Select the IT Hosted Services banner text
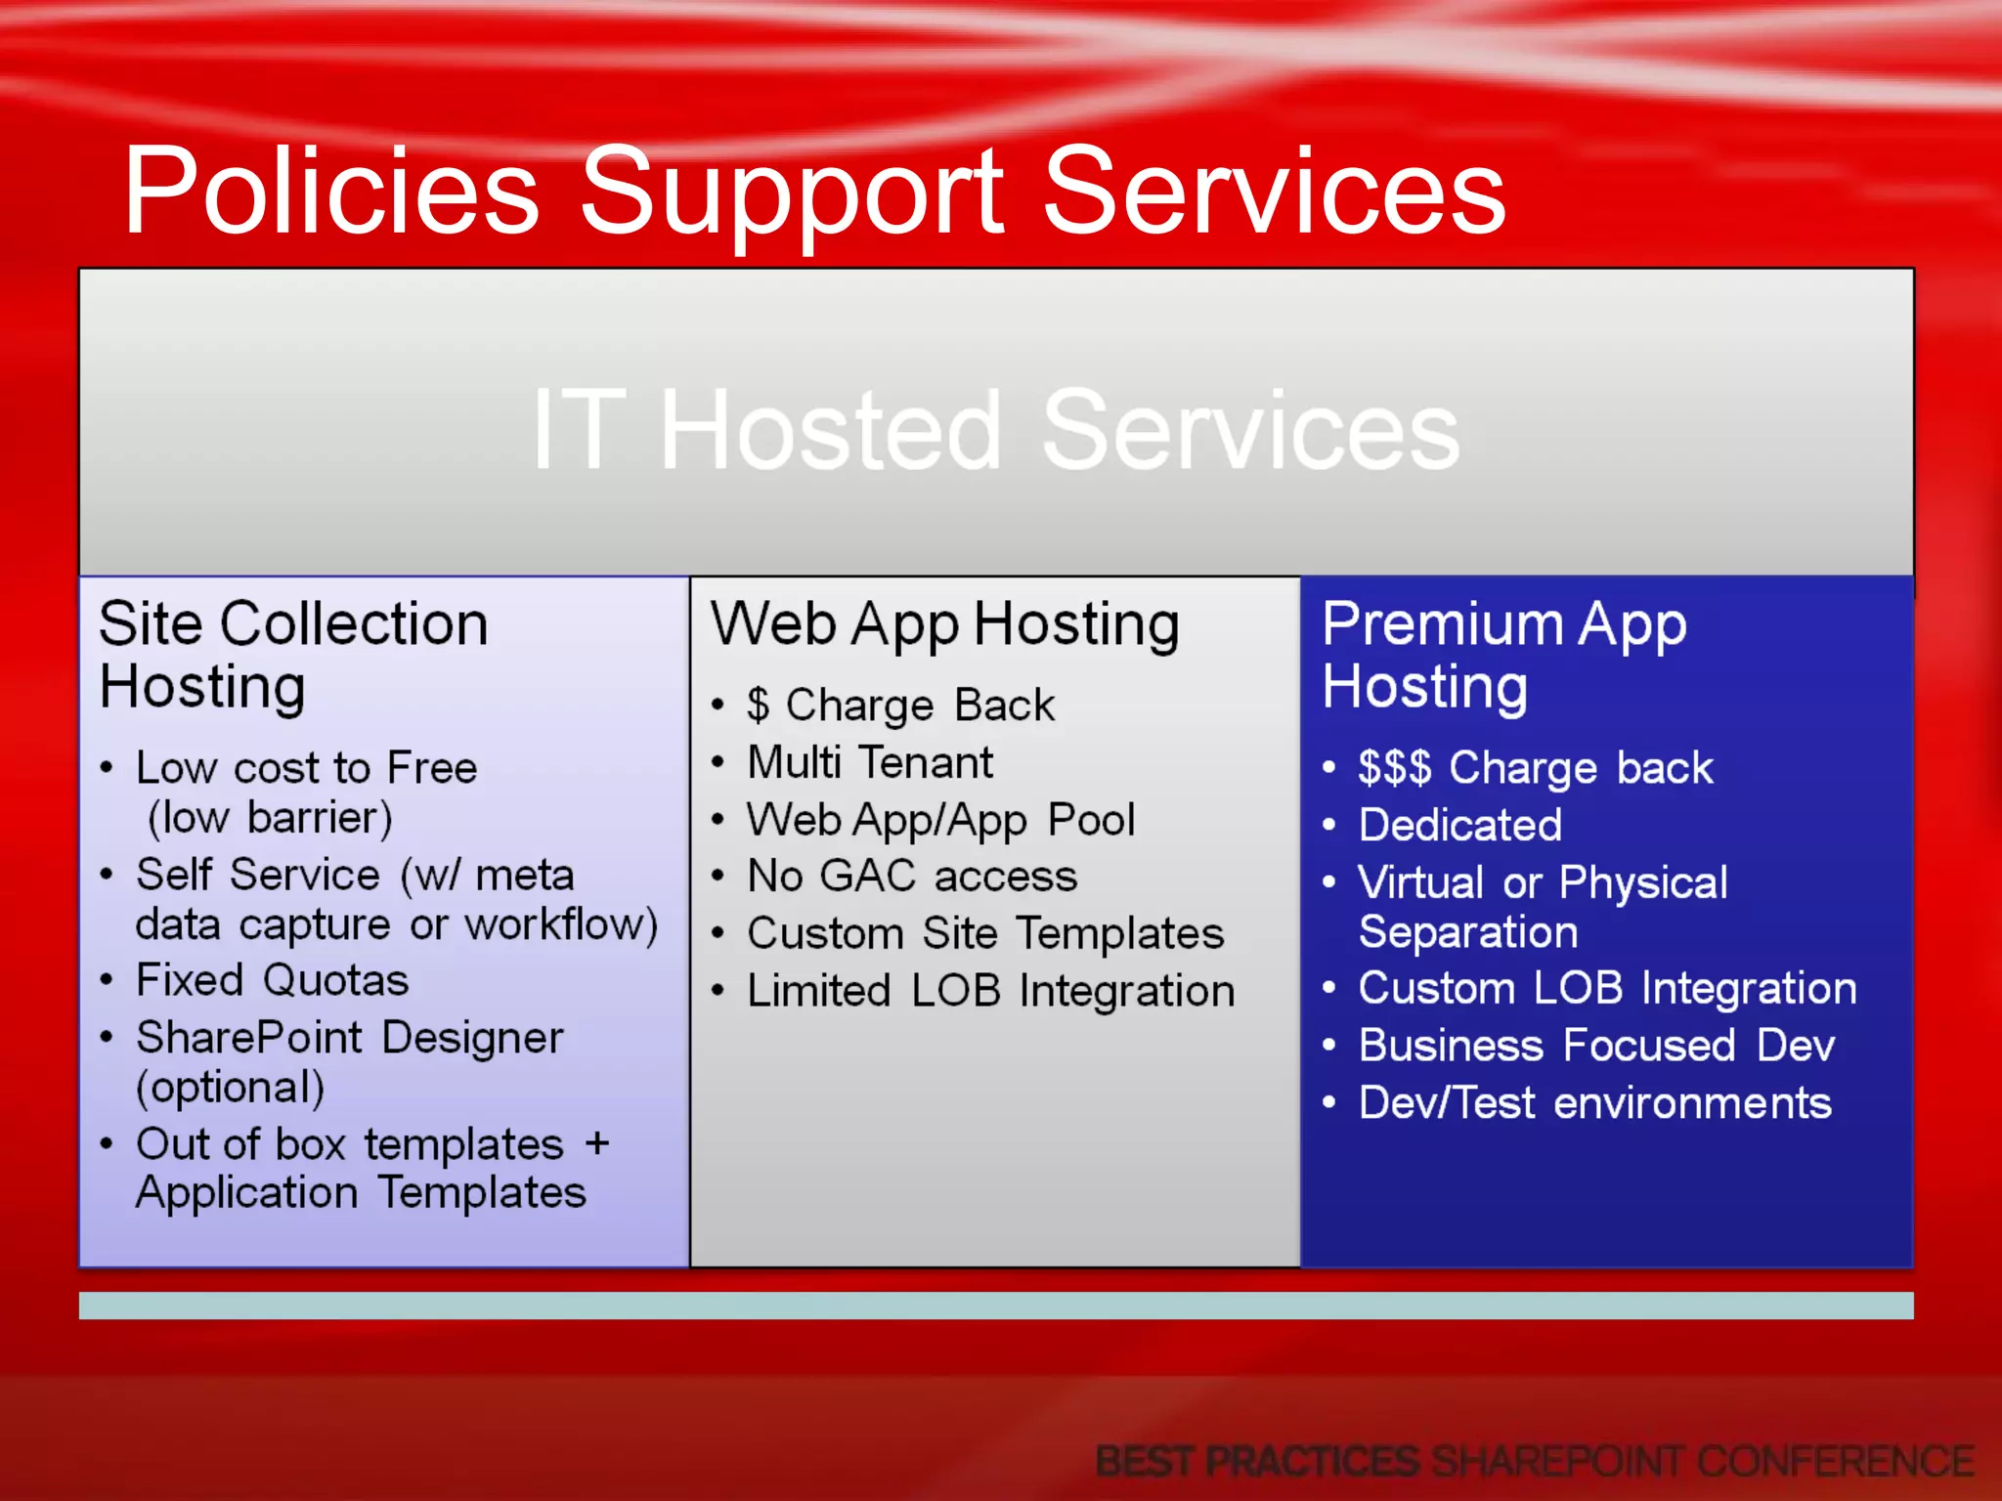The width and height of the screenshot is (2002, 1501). point(995,430)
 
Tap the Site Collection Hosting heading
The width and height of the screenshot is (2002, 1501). point(293,655)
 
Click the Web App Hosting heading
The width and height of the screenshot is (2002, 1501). point(944,625)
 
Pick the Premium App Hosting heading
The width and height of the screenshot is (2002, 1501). point(1503,655)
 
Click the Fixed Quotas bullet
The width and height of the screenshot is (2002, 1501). point(272,980)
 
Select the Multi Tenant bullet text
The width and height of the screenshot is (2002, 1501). point(870,763)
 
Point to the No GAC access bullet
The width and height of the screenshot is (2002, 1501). point(912,877)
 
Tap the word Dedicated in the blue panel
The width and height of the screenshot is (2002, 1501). point(1460,826)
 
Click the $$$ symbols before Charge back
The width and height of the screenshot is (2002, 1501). point(1394,768)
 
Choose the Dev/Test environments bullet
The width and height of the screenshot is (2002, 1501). point(1594,1103)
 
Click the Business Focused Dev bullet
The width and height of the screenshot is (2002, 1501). point(1596,1046)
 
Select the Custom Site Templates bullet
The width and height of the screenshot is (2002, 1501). point(985,933)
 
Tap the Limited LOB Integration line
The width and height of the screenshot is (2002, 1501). point(991,991)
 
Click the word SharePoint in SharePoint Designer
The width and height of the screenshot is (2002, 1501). point(249,1038)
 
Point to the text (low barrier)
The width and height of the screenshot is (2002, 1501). point(270,818)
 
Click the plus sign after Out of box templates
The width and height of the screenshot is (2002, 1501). point(597,1143)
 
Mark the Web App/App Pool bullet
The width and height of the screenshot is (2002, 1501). point(940,820)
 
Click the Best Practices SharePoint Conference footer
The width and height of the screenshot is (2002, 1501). point(1535,1462)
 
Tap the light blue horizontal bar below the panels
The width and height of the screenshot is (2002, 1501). point(995,1306)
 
